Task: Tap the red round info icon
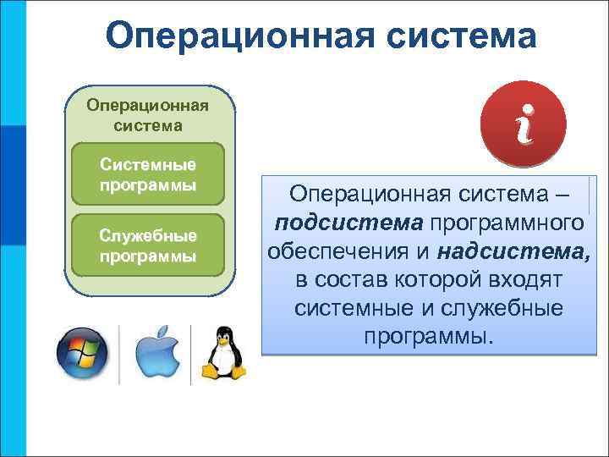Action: (x=522, y=124)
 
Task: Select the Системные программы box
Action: (x=148, y=173)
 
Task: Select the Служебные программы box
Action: (x=148, y=245)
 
